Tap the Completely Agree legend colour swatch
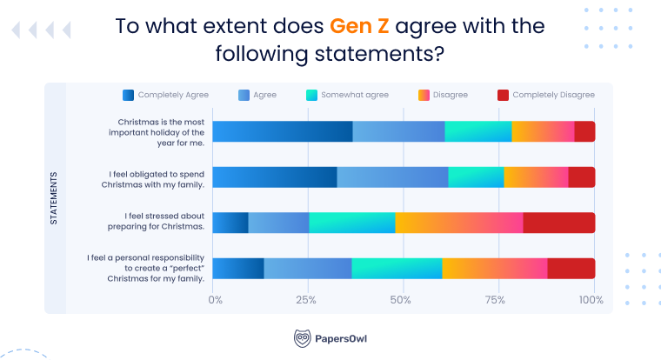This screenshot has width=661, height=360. [x=128, y=95]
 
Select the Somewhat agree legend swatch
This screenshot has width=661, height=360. [x=313, y=95]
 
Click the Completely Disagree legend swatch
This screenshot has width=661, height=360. [x=502, y=95]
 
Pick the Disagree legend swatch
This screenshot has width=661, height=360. [x=424, y=95]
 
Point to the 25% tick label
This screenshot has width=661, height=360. [x=305, y=300]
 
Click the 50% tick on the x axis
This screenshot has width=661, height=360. [x=401, y=300]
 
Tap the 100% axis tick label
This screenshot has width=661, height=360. [x=591, y=300]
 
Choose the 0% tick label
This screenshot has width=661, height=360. [x=216, y=300]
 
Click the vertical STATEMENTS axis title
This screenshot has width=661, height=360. [x=54, y=198]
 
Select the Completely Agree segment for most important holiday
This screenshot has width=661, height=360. [x=282, y=131]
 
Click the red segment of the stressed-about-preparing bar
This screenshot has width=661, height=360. [x=558, y=222]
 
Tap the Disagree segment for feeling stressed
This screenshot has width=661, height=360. [x=458, y=222]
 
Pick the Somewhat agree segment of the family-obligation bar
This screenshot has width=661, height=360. [x=476, y=177]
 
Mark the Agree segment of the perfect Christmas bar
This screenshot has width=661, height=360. [x=307, y=268]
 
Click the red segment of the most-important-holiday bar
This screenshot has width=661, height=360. [x=584, y=131]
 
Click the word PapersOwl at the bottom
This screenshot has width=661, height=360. [x=342, y=338]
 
